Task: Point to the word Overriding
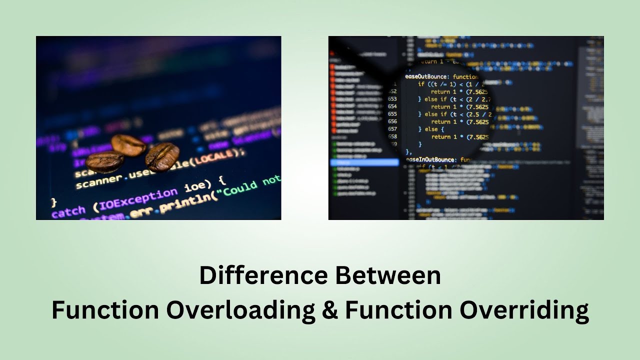click(524, 310)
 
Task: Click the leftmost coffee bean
click(105, 161)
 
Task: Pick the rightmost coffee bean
click(162, 156)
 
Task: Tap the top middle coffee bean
click(129, 144)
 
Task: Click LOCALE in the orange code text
click(215, 157)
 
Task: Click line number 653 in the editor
click(392, 99)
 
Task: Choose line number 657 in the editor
click(392, 129)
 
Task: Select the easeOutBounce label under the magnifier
click(426, 76)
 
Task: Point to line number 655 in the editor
click(392, 114)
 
